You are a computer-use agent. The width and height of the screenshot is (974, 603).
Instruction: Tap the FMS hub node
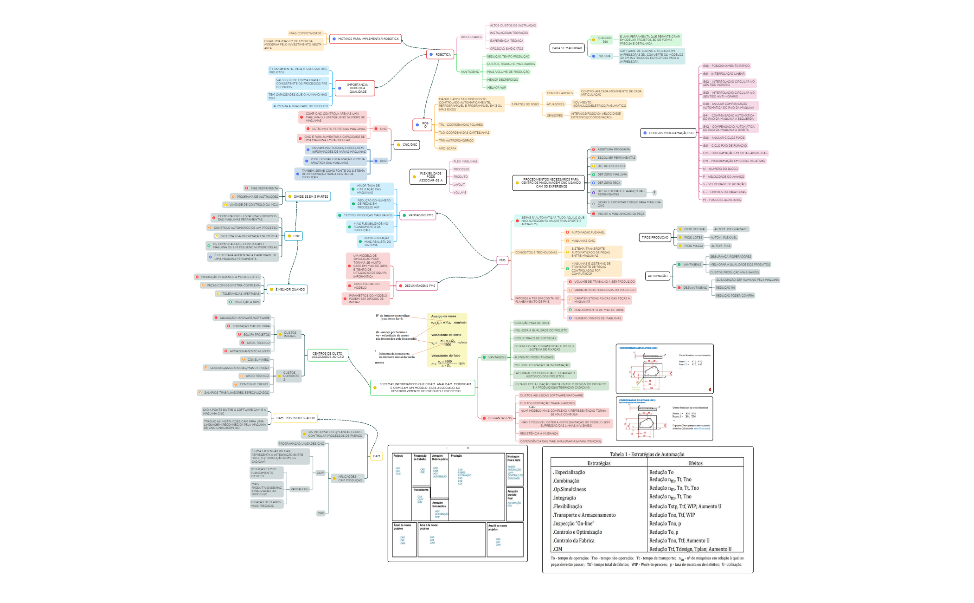pos(502,260)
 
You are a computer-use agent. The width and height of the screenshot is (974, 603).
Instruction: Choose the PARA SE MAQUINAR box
pos(567,48)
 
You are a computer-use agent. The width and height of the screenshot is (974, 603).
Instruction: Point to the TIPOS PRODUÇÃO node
pos(655,238)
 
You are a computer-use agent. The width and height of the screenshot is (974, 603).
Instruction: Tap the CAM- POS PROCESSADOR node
pos(295,418)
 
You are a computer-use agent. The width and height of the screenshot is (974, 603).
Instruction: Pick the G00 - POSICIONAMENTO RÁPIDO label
pos(726,66)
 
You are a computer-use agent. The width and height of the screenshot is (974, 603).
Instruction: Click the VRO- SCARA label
pos(448,149)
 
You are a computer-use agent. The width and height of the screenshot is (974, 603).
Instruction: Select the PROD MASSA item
pos(693,246)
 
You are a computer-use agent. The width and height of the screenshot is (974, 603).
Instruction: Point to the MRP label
pos(320,513)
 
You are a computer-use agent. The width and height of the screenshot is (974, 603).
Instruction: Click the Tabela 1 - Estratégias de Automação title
pos(647,454)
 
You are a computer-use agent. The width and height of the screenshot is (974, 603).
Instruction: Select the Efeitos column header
pos(695,463)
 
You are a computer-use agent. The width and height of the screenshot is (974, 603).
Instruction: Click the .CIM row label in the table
pos(557,549)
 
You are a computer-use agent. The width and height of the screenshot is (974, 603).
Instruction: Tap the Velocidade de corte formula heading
pos(446,335)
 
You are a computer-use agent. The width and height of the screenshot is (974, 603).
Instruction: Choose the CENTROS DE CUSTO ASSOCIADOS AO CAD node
pos(328,356)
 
